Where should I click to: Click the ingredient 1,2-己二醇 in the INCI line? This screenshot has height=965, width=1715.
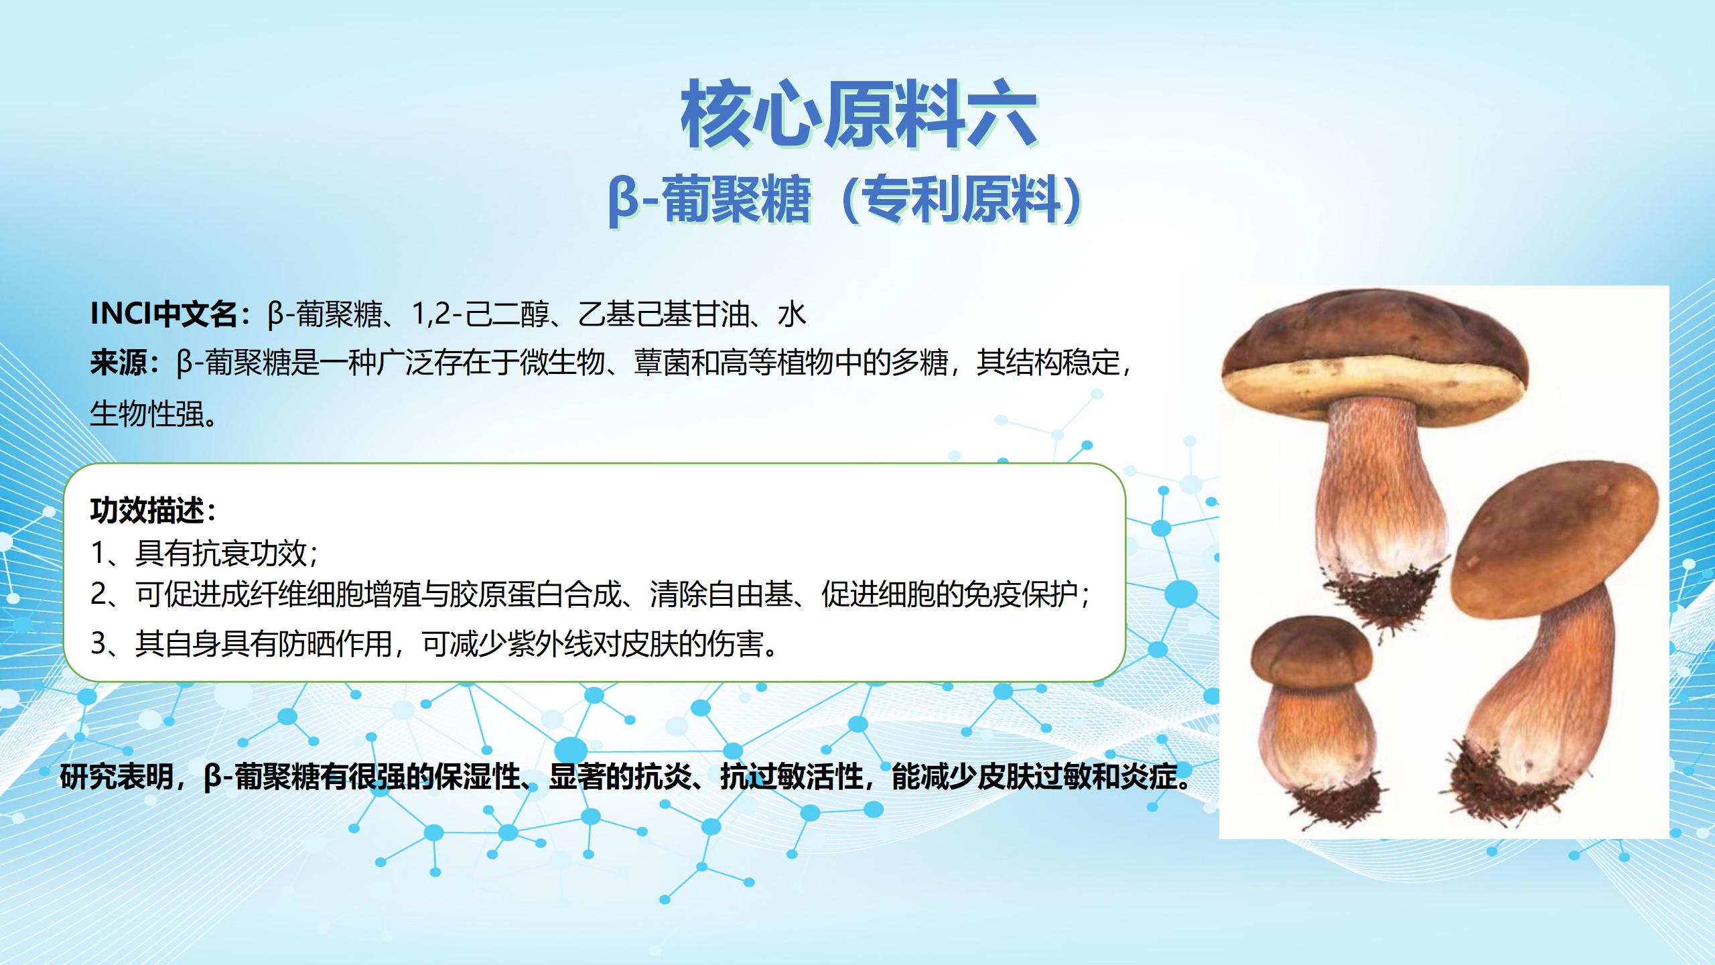click(480, 314)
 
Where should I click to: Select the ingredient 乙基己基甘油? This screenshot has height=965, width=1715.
click(663, 314)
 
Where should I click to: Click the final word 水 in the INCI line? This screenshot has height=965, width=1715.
click(791, 314)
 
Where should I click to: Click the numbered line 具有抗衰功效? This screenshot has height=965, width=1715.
click(221, 553)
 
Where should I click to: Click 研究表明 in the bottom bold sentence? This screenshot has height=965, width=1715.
click(117, 777)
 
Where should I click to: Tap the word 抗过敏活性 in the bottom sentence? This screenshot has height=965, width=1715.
click(791, 777)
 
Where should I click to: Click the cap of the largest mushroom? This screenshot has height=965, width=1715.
click(1375, 359)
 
